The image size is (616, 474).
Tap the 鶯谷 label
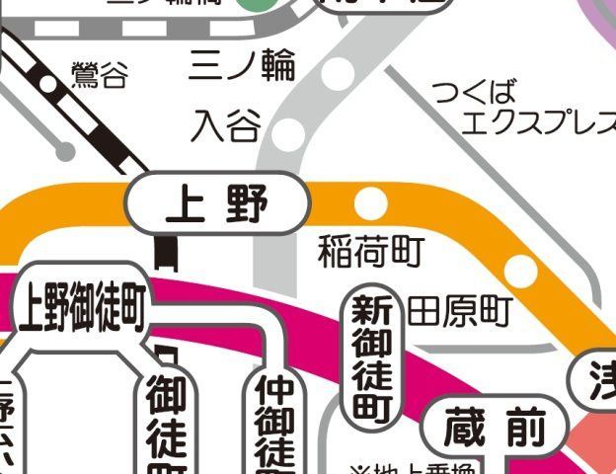[100, 75]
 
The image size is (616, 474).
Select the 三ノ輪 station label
[242, 65]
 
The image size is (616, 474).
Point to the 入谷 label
[226, 125]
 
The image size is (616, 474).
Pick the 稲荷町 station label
[370, 253]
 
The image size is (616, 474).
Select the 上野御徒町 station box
[83, 307]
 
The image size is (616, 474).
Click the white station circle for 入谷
[288, 133]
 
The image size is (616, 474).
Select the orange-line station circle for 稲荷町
[371, 203]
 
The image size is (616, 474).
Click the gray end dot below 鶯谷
[64, 151]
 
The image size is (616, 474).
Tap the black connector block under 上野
[166, 253]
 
